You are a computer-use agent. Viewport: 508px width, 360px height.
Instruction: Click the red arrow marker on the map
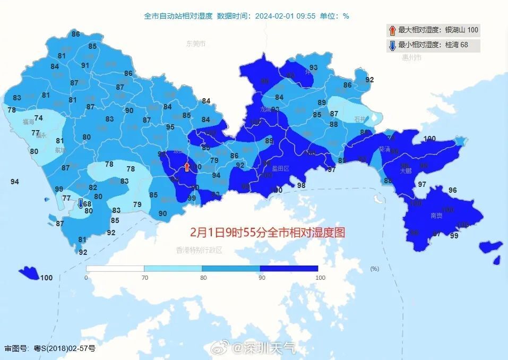pyautogui.click(x=186, y=168)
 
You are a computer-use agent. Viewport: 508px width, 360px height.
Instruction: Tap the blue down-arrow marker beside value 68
pyautogui.click(x=81, y=203)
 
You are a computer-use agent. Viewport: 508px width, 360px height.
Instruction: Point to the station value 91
pyautogui.click(x=85, y=65)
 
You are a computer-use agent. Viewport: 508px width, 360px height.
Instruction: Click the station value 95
pyautogui.click(x=170, y=127)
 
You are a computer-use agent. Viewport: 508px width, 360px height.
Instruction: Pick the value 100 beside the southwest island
pyautogui.click(x=47, y=278)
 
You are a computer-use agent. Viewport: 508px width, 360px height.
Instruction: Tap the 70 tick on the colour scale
pyautogui.click(x=144, y=278)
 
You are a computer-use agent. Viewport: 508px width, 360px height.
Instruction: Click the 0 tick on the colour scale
pyautogui.click(x=87, y=278)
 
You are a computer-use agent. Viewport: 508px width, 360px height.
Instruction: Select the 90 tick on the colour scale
pyautogui.click(x=260, y=278)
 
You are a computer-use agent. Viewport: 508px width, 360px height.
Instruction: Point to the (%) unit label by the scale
pyautogui.click(x=375, y=269)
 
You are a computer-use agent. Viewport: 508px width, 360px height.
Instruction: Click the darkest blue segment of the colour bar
pyautogui.click(x=289, y=269)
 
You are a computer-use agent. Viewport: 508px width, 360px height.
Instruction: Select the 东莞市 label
pyautogui.click(x=195, y=44)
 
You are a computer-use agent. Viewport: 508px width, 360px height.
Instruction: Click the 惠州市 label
pyautogui.click(x=411, y=57)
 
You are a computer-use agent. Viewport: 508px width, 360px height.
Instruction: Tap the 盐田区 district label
pyautogui.click(x=280, y=168)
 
